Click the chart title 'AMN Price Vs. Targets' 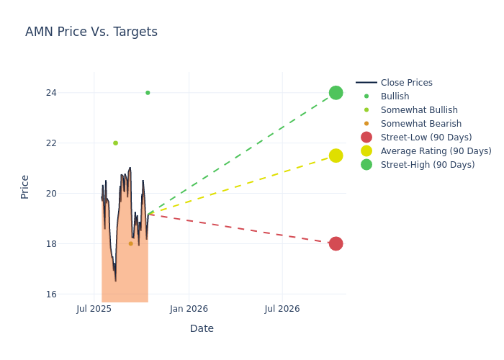(91, 32)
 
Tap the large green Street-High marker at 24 (336, 93)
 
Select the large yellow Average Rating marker (336, 156)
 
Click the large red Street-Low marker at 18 (336, 243)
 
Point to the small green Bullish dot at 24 (148, 93)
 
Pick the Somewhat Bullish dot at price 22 (115, 143)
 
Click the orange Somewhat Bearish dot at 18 (130, 243)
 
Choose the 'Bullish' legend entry (395, 96)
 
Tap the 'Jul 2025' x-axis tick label (94, 309)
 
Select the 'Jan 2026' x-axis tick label (189, 309)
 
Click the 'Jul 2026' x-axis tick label (282, 309)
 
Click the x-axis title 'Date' (202, 329)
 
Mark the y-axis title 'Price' (25, 186)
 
